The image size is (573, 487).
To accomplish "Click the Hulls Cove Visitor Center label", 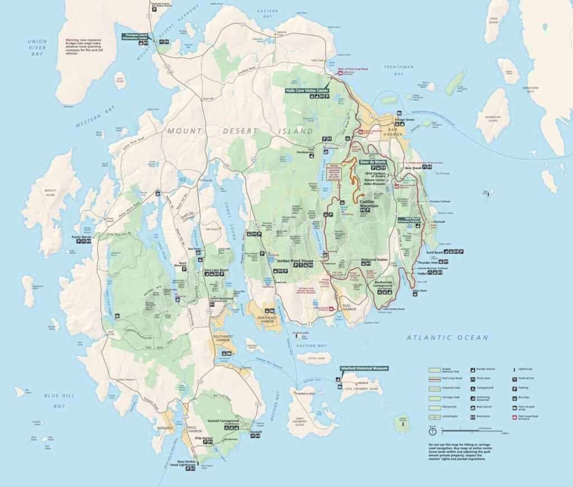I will coord(307,90).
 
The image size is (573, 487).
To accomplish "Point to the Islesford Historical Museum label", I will coord(364,368).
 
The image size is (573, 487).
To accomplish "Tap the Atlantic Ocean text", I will coord(447,338).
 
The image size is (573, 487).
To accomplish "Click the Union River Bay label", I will coord(37,48).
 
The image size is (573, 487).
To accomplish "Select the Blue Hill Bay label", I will coord(60,400).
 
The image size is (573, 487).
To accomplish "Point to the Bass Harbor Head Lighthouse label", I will coord(182,463).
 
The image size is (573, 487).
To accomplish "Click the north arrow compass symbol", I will coord(432,432).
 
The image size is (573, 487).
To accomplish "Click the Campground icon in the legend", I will coord(472,387).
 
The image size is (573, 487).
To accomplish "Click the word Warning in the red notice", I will coord(73,40).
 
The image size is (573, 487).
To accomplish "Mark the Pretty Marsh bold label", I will coord(81,237).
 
